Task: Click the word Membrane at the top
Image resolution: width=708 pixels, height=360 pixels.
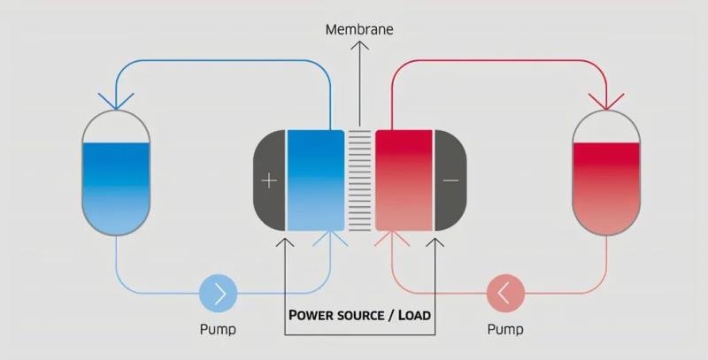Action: (358, 30)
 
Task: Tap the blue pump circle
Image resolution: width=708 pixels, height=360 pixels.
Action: (219, 293)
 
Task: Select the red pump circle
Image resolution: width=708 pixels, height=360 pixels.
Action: (505, 293)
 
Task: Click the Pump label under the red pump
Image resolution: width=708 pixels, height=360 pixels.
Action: (505, 330)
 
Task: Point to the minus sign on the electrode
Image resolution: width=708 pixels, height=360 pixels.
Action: (450, 180)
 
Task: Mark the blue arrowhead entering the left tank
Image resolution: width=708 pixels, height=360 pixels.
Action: (116, 100)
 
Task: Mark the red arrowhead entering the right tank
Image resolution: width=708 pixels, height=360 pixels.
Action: (606, 100)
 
